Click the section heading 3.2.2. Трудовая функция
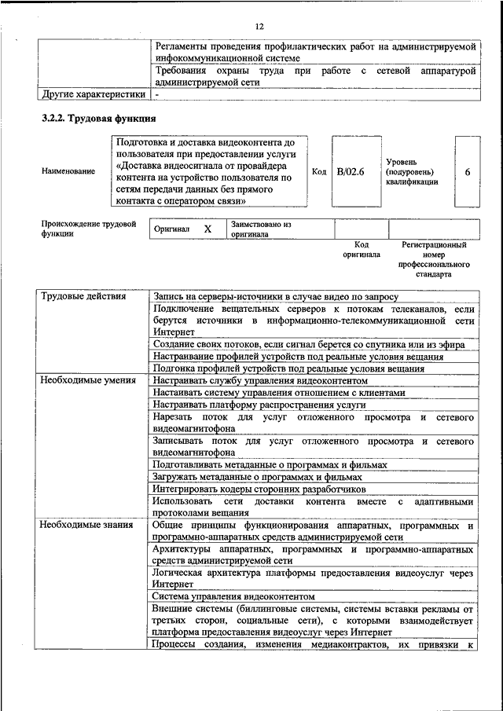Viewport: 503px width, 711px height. tap(98, 119)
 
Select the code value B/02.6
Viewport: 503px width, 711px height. tap(351, 171)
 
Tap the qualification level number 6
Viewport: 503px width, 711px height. tap(468, 171)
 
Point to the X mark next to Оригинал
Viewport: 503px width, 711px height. tap(207, 229)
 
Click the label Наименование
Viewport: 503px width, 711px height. tap(70, 171)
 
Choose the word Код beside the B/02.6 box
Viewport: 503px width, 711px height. tap(319, 171)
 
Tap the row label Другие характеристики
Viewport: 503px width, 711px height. tap(93, 94)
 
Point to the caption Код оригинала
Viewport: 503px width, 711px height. tap(361, 250)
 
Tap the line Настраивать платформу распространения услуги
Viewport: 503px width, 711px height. tap(259, 405)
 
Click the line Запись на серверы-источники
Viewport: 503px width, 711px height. tap(276, 297)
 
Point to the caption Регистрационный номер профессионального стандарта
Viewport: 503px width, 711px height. tap(434, 260)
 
